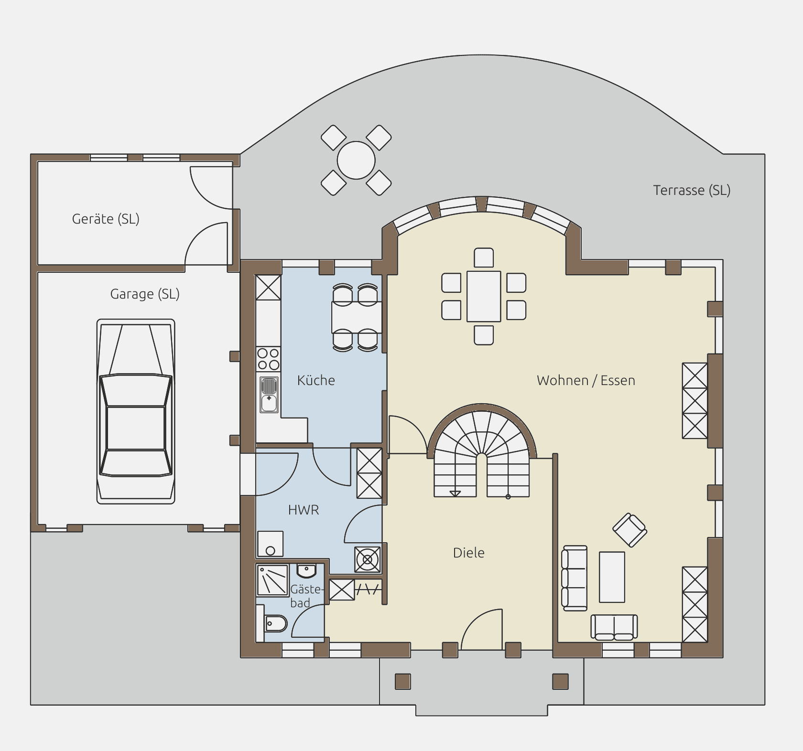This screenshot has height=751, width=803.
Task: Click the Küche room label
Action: pos(316,380)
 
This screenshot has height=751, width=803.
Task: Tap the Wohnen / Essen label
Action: pos(586,380)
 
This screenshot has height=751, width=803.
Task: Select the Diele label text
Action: pos(468,553)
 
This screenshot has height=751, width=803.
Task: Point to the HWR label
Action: pos(304,510)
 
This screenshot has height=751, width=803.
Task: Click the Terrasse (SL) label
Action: pos(692,190)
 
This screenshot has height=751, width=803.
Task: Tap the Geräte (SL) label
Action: pos(106,219)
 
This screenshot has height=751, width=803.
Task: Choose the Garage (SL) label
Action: pos(145,294)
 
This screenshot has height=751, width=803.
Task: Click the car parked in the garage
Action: pos(136,411)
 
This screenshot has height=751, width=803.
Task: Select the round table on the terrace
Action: pos(356,160)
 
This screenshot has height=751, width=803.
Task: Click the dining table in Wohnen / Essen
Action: pos(484,296)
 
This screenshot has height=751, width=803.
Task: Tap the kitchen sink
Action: pos(269,395)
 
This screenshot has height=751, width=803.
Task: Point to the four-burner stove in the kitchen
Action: pos(268,359)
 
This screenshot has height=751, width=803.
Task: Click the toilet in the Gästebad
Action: pos(275,623)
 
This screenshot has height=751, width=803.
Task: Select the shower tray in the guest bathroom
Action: pos(273,580)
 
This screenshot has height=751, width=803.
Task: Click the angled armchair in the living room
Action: pos(630,530)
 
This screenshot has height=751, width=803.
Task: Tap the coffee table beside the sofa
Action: pos(612,577)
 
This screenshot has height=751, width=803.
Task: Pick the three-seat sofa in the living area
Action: pos(574,578)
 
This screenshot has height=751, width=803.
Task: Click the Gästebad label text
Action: pos(306,596)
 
